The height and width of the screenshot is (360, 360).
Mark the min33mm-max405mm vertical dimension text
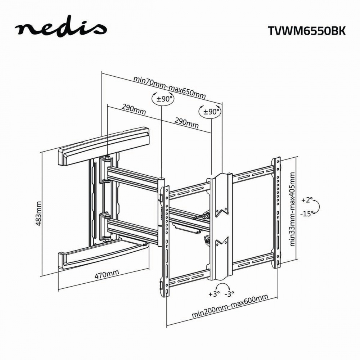[x=292, y=209]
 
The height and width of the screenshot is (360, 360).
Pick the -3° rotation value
[x=229, y=294]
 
